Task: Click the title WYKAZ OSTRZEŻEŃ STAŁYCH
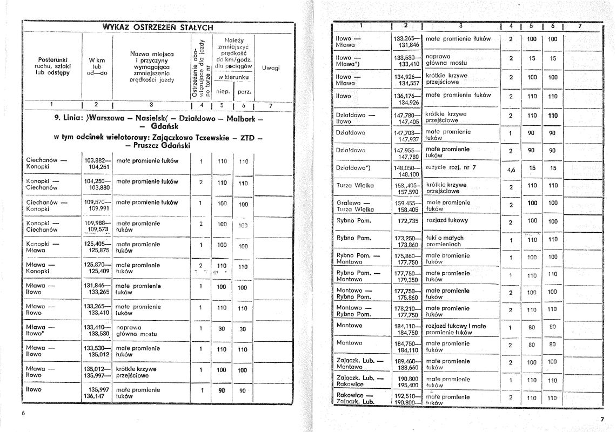[x=158, y=27]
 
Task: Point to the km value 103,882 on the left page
[x=97, y=160]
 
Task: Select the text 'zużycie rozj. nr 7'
[x=451, y=167]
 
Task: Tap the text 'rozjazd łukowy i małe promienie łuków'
[x=456, y=329]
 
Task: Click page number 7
[x=602, y=420]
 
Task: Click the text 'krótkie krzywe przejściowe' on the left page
[x=136, y=373]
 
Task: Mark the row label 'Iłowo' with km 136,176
[x=344, y=96]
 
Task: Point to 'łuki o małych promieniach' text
[x=445, y=241]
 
